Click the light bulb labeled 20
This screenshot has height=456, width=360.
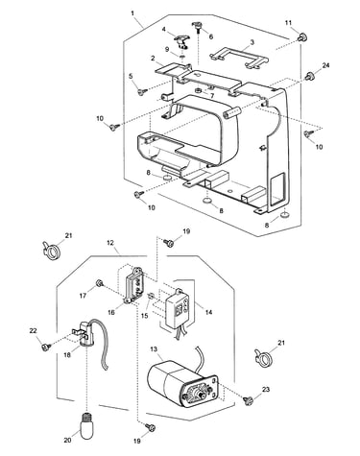coord(87,423)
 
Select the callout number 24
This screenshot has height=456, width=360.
coord(325,65)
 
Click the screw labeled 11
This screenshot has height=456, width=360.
coord(301,37)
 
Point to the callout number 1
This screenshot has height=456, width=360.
coord(132,13)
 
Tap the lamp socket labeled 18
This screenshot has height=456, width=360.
coord(84,334)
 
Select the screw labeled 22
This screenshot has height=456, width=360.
coord(46,347)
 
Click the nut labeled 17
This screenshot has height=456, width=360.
coord(99,283)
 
